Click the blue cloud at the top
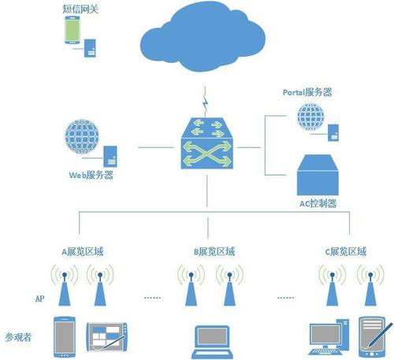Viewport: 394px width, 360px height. click(x=203, y=37)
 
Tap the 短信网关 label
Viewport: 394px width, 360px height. click(x=80, y=9)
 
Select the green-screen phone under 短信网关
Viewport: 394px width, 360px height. click(x=72, y=30)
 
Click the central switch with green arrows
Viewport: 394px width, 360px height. click(x=206, y=143)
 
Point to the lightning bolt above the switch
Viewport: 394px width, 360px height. click(x=206, y=103)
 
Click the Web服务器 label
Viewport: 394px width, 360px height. click(x=91, y=175)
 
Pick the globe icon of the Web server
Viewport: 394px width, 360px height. click(x=82, y=136)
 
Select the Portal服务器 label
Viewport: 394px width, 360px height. click(x=307, y=92)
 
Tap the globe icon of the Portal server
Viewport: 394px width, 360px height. click(x=310, y=117)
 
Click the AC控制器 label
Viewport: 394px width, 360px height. click(x=318, y=203)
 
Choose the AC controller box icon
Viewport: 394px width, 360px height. click(x=318, y=175)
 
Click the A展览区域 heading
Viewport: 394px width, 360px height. click(x=83, y=252)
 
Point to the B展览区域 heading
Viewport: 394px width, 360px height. click(x=214, y=252)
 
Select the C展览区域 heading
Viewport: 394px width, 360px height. click(x=346, y=252)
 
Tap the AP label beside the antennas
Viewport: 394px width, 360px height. click(x=39, y=299)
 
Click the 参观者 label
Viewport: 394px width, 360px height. click(x=18, y=337)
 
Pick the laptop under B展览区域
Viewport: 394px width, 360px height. click(x=212, y=342)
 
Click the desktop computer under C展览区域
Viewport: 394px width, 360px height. click(x=329, y=337)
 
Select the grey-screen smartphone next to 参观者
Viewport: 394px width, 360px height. click(x=65, y=337)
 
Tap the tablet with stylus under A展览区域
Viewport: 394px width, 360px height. click(x=106, y=337)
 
